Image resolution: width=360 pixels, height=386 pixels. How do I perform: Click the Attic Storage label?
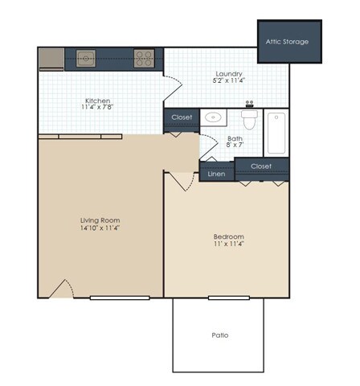click(288, 41)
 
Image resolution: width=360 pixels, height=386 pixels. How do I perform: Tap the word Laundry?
click(228, 73)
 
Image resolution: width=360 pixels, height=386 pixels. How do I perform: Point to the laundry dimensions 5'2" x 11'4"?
click(228, 81)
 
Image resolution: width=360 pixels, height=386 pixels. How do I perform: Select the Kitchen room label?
click(97, 101)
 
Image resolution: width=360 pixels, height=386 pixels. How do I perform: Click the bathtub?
click(276, 132)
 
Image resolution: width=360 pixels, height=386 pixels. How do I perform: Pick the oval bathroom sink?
click(214, 117)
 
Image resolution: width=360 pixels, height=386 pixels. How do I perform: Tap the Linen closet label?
click(216, 174)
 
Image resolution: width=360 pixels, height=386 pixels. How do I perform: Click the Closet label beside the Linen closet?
click(261, 166)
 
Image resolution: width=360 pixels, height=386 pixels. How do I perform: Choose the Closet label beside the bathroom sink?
click(182, 117)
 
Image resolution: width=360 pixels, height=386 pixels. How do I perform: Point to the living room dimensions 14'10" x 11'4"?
click(100, 228)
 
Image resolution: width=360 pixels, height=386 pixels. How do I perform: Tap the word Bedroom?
click(228, 236)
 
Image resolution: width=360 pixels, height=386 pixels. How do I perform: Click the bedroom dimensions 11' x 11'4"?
click(228, 244)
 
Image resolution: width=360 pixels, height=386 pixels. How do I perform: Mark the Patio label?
click(220, 335)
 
